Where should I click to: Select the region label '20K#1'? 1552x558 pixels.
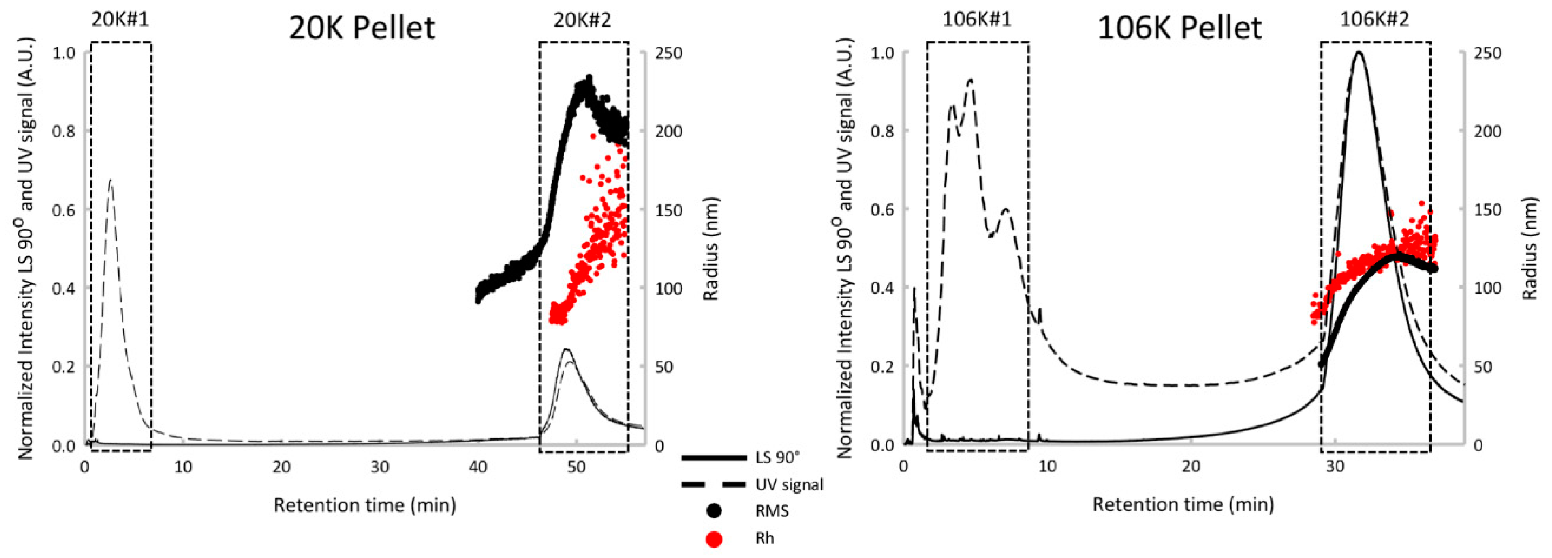pos(120,19)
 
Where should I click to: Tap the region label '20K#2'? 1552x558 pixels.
pos(582,19)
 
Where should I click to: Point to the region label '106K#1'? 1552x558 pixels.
pos(977,19)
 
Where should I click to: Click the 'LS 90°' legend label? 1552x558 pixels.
pos(777,457)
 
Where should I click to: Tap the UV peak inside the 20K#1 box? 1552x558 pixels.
pos(110,180)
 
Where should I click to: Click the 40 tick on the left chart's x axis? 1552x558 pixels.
pos(478,467)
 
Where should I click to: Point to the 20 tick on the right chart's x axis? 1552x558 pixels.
pos(1191,467)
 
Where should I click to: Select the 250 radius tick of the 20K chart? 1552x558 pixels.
pos(668,53)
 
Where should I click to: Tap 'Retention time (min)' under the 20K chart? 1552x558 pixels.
pos(364,505)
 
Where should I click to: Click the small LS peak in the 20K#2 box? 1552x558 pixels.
pos(566,349)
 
